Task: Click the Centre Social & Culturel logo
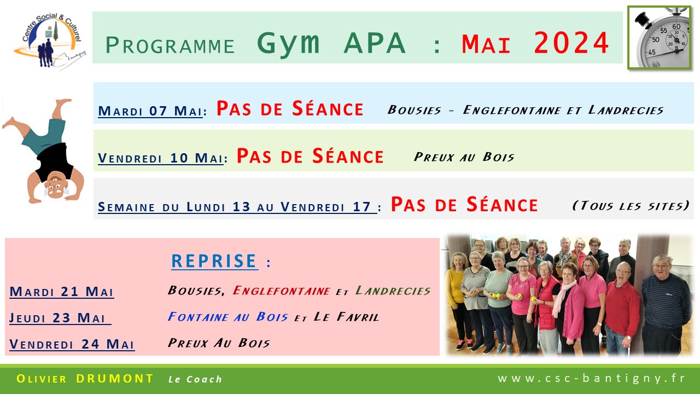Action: click(x=50, y=40)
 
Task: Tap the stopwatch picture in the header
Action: click(x=660, y=38)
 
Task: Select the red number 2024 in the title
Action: click(x=571, y=43)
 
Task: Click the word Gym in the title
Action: click(x=288, y=44)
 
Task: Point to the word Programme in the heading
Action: click(x=170, y=45)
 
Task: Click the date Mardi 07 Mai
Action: click(x=150, y=111)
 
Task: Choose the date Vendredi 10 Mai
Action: click(x=161, y=158)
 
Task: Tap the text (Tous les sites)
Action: click(x=631, y=205)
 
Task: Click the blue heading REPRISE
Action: click(x=214, y=261)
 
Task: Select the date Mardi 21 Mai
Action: click(x=62, y=292)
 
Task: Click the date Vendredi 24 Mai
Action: click(x=72, y=344)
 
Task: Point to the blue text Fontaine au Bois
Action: click(x=227, y=317)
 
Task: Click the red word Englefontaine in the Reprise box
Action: click(x=281, y=291)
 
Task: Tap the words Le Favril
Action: click(x=346, y=317)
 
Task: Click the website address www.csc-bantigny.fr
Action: click(x=591, y=378)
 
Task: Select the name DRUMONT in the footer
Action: click(x=115, y=379)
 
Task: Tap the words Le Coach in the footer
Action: click(x=195, y=379)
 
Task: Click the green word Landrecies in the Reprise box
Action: click(x=393, y=291)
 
